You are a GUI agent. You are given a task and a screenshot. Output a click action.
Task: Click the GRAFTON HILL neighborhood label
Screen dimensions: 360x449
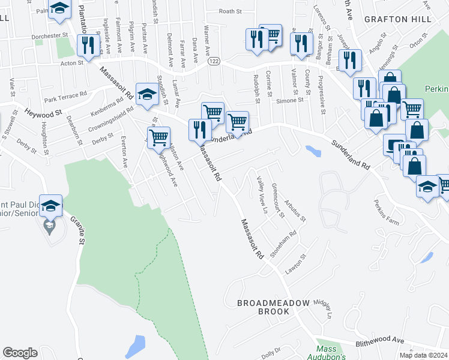tap(398, 19)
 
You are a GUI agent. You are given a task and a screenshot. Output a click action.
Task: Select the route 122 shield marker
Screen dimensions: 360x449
tap(213, 61)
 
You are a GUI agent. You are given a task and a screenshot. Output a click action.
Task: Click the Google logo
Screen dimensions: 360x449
tap(20, 353)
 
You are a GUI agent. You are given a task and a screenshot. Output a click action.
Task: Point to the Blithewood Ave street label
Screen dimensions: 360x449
tap(381, 339)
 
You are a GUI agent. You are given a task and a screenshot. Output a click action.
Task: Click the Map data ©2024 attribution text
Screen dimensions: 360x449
tap(423, 355)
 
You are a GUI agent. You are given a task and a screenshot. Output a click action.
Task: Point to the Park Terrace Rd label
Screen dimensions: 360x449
tap(65, 94)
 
